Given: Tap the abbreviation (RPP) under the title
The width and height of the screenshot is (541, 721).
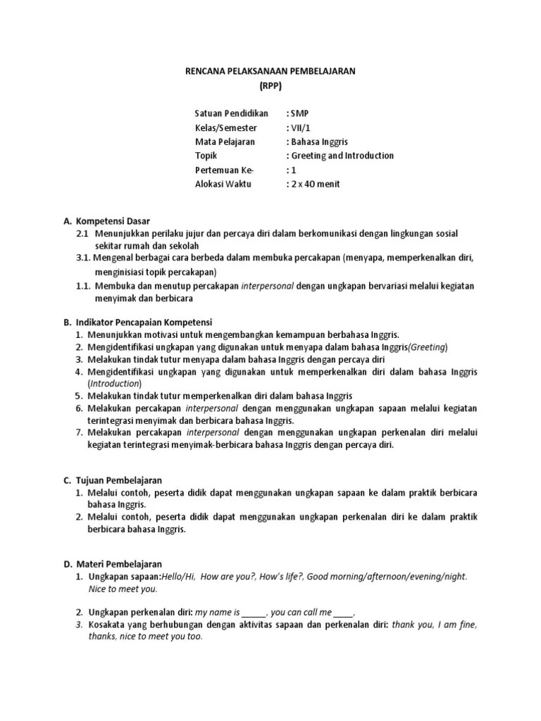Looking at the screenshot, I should [270, 87].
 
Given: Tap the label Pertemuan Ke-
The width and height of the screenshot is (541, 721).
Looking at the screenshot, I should [224, 170].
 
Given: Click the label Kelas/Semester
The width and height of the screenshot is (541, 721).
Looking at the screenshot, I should [226, 127].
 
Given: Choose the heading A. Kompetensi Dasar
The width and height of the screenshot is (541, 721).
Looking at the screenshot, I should [106, 220].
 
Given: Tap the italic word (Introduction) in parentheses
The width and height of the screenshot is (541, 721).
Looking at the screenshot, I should [115, 384].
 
